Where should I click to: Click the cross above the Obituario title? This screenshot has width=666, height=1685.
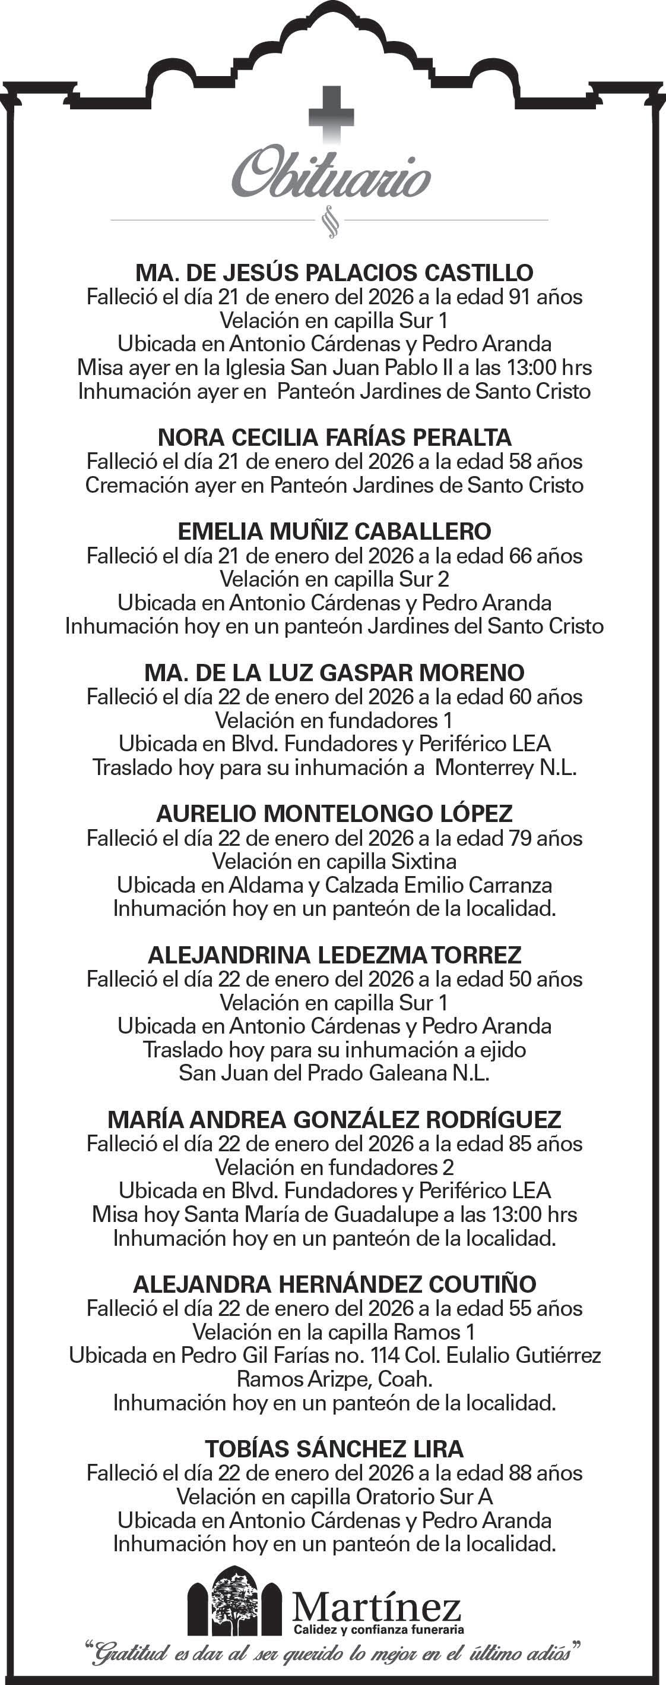[x=331, y=116]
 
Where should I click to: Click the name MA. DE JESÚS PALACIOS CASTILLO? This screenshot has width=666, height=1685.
[x=334, y=272]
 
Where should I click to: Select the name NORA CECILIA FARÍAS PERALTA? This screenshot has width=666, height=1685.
[x=334, y=437]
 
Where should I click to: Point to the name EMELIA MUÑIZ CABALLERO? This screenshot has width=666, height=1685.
[x=334, y=531]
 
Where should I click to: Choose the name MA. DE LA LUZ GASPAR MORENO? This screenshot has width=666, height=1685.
[x=334, y=672]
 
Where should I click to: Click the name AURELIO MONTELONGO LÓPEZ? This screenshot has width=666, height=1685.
[x=334, y=814]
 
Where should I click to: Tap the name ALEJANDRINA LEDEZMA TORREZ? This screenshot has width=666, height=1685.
[x=334, y=955]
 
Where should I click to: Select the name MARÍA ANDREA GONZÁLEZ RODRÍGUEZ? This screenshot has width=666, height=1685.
[x=334, y=1120]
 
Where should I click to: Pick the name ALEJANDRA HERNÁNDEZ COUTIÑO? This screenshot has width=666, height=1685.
[x=334, y=1284]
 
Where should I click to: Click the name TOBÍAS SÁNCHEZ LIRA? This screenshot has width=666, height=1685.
[x=334, y=1450]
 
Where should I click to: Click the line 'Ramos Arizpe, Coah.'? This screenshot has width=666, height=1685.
[x=334, y=1379]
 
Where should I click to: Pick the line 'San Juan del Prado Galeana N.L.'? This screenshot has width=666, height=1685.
[x=334, y=1073]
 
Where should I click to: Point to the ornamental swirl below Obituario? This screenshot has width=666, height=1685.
[x=331, y=222]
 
